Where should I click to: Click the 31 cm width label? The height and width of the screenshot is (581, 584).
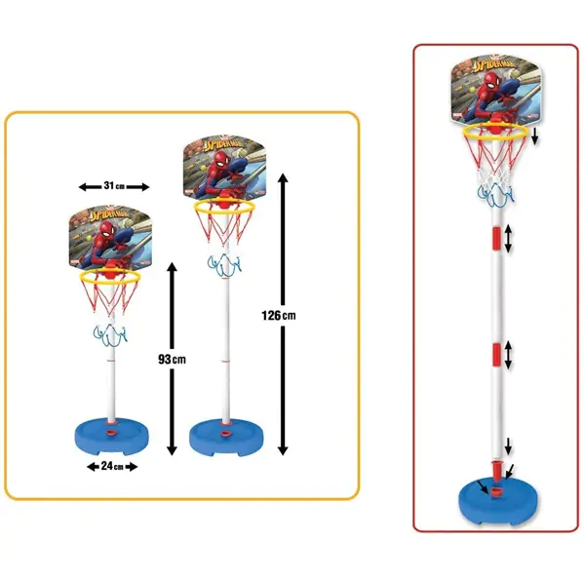(114, 186)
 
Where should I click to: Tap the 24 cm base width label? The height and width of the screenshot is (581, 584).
(112, 466)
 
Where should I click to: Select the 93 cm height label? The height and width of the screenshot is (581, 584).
(172, 360)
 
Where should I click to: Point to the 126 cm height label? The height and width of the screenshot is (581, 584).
(279, 316)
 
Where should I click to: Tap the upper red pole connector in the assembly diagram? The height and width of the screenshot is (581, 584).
(496, 238)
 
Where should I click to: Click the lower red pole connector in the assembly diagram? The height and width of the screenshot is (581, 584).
(496, 355)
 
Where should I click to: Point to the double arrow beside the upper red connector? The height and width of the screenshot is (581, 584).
(508, 239)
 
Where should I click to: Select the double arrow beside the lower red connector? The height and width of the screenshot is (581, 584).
(508, 355)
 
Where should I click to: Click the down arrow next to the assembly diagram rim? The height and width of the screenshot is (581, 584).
(535, 136)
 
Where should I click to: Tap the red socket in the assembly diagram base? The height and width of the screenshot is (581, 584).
(494, 493)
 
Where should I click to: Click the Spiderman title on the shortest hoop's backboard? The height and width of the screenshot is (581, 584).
(113, 214)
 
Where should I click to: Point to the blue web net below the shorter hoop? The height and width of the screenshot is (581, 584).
(110, 335)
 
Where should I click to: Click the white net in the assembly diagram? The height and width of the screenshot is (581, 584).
(495, 176)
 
